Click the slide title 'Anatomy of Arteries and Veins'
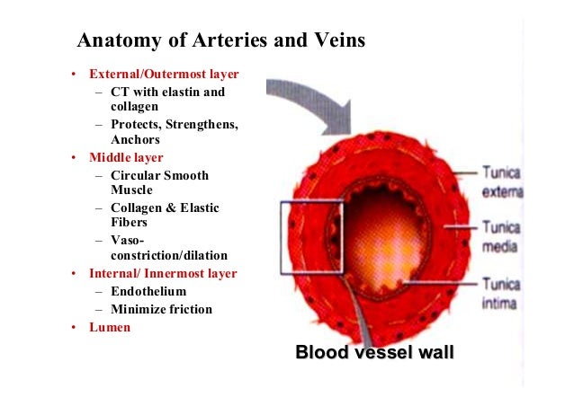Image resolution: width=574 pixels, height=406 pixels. [x=220, y=40]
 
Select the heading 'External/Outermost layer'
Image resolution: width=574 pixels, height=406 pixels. [x=164, y=74]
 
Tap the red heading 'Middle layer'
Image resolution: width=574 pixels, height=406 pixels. [x=126, y=157]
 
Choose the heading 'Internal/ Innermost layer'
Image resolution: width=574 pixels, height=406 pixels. [x=163, y=273]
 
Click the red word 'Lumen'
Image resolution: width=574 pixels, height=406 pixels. [x=110, y=327]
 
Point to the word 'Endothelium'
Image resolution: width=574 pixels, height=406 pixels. [x=148, y=291]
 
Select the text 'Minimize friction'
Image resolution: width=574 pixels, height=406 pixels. [x=161, y=309]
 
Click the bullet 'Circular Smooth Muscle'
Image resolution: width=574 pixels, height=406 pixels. [x=159, y=182]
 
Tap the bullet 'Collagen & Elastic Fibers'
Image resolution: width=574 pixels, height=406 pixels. [x=165, y=215]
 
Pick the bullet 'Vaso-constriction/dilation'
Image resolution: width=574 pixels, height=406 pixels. [x=168, y=248]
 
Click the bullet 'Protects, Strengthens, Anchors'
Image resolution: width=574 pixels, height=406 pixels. [x=174, y=132]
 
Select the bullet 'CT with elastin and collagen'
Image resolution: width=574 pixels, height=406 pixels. [x=167, y=99]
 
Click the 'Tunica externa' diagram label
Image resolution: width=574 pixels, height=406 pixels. [x=502, y=181]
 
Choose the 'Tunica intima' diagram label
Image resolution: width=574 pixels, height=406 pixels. [x=500, y=294]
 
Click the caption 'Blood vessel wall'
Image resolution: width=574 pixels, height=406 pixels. [x=374, y=352]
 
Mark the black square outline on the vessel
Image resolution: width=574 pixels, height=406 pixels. [x=282, y=238]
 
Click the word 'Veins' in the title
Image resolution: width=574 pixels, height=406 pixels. [x=334, y=40]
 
